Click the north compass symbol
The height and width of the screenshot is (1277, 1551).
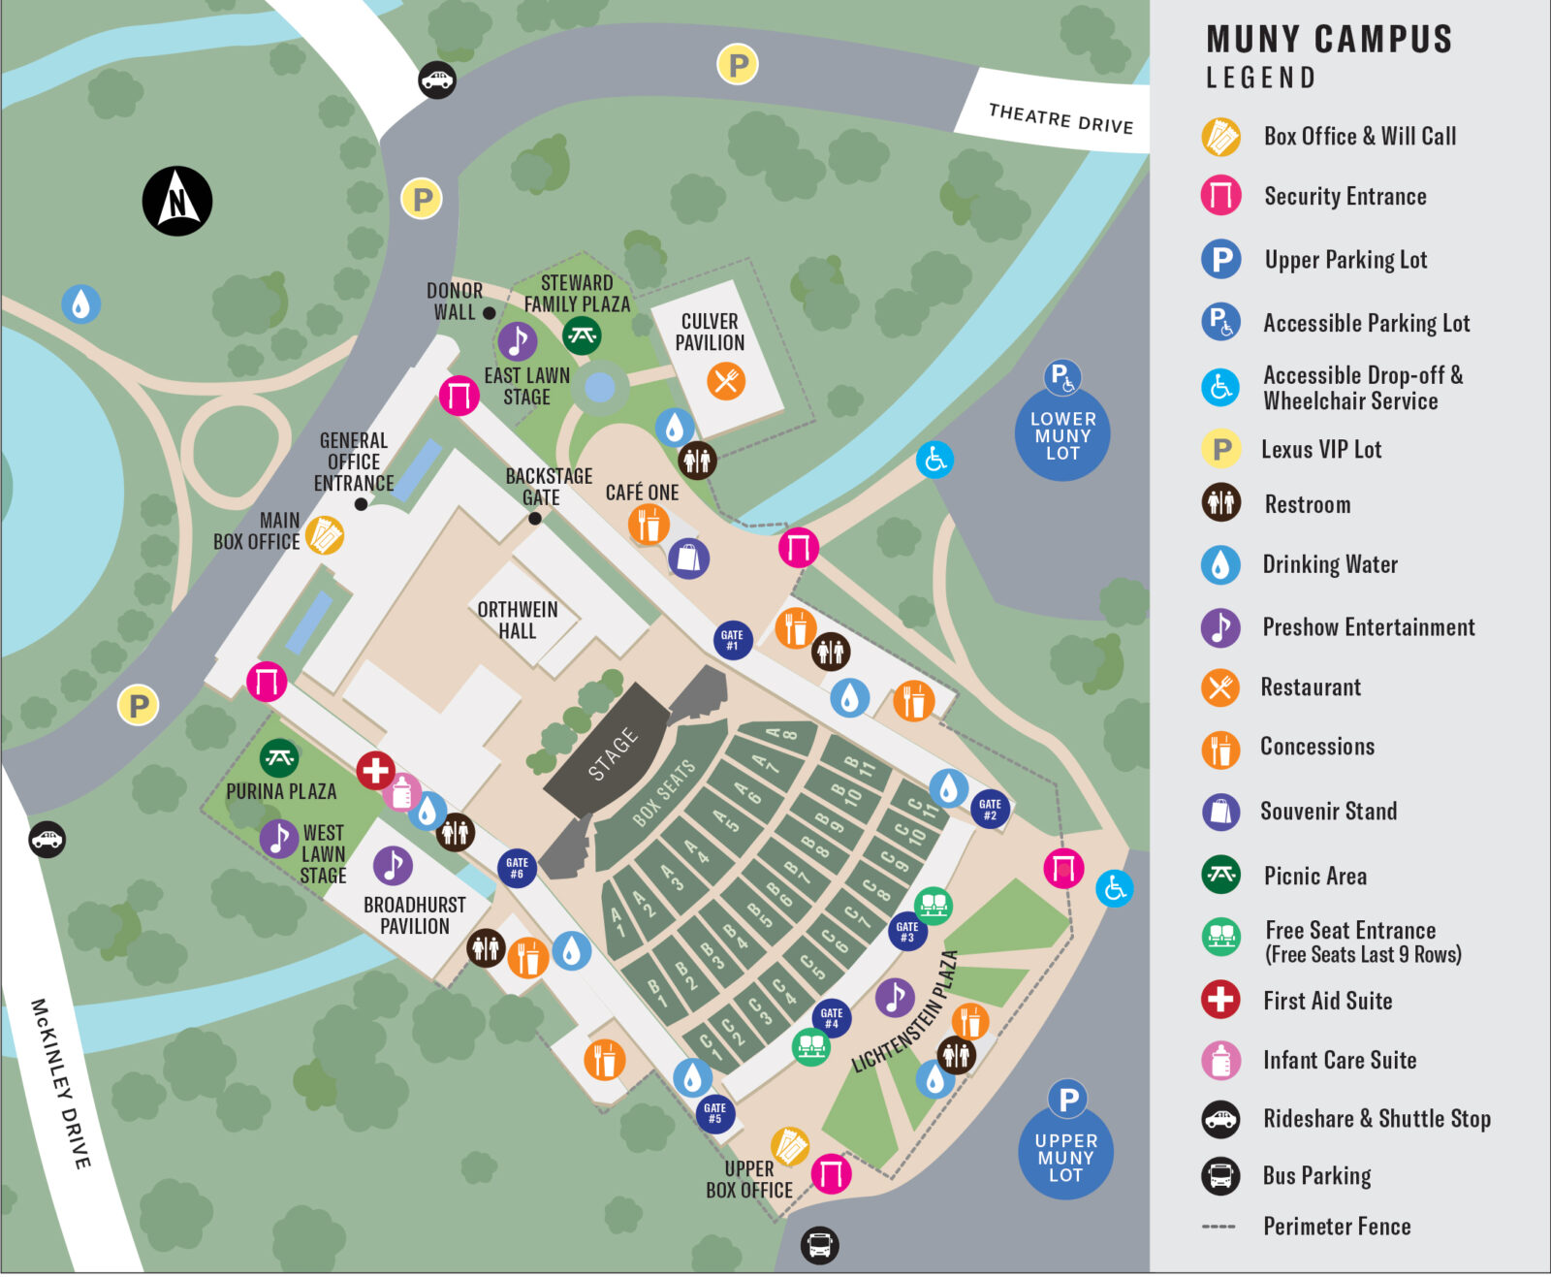point(177,201)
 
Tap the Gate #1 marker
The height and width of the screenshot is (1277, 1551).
point(732,640)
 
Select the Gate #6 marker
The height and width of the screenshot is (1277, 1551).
point(517,867)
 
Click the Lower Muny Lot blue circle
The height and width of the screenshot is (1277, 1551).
point(1062,435)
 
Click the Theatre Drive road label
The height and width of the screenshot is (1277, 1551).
point(1060,118)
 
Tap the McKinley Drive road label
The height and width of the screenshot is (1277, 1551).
point(61,1082)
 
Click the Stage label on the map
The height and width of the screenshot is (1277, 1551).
point(613,753)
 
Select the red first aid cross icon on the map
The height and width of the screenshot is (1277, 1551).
point(375,771)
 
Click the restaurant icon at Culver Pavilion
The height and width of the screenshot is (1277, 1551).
point(726,380)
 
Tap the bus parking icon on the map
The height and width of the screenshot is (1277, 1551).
point(819,1244)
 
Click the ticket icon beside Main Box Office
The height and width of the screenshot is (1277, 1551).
point(325,534)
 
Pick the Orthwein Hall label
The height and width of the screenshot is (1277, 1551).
point(518,620)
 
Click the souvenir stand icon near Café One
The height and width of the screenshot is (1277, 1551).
point(688,559)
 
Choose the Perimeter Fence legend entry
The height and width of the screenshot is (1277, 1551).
point(1336,1226)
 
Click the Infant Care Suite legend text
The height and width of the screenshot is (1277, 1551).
point(1339,1060)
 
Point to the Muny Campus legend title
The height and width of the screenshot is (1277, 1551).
point(1328,40)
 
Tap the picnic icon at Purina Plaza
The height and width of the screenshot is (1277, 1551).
point(279,758)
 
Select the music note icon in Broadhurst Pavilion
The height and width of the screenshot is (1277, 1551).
point(393,865)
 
